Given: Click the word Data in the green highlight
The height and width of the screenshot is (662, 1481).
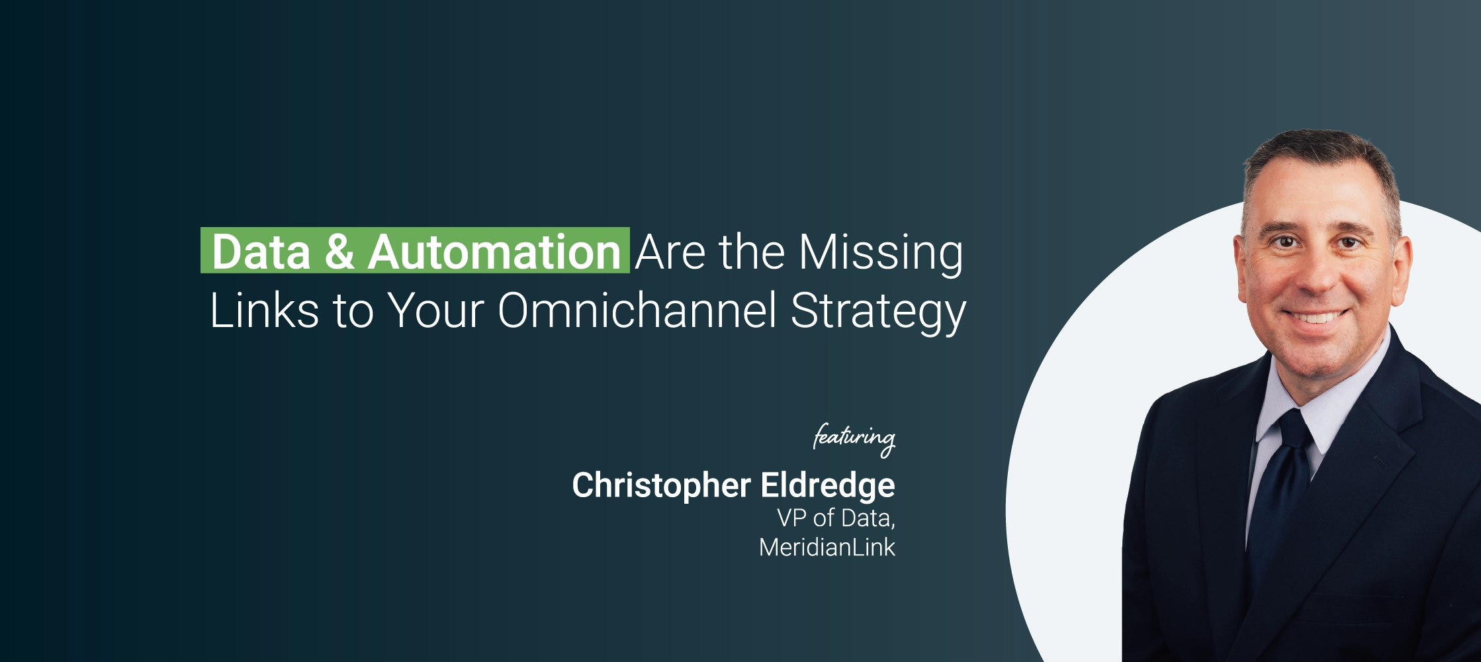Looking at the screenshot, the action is [x=261, y=252].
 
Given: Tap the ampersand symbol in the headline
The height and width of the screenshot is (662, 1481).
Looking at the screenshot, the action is [x=339, y=252].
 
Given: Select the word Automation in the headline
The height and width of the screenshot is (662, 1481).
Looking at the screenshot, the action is [x=494, y=252].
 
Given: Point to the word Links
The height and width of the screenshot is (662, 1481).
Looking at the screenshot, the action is [x=265, y=310].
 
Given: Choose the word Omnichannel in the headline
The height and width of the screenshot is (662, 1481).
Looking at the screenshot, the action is [x=637, y=310].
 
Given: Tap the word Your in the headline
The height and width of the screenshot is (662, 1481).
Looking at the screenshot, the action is [x=435, y=310].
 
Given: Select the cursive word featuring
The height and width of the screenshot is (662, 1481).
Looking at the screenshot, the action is [x=854, y=439].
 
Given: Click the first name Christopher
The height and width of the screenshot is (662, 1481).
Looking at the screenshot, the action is [x=661, y=487].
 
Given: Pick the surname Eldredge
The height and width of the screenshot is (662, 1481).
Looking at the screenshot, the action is [x=828, y=487].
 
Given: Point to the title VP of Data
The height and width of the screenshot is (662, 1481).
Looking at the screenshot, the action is [x=836, y=518].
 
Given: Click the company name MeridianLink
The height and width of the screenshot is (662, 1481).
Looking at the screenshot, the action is [x=827, y=547].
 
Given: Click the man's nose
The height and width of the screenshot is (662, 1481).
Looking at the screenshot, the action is [x=1317, y=275].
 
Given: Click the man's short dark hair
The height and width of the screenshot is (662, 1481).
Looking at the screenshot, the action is [x=1320, y=162].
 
